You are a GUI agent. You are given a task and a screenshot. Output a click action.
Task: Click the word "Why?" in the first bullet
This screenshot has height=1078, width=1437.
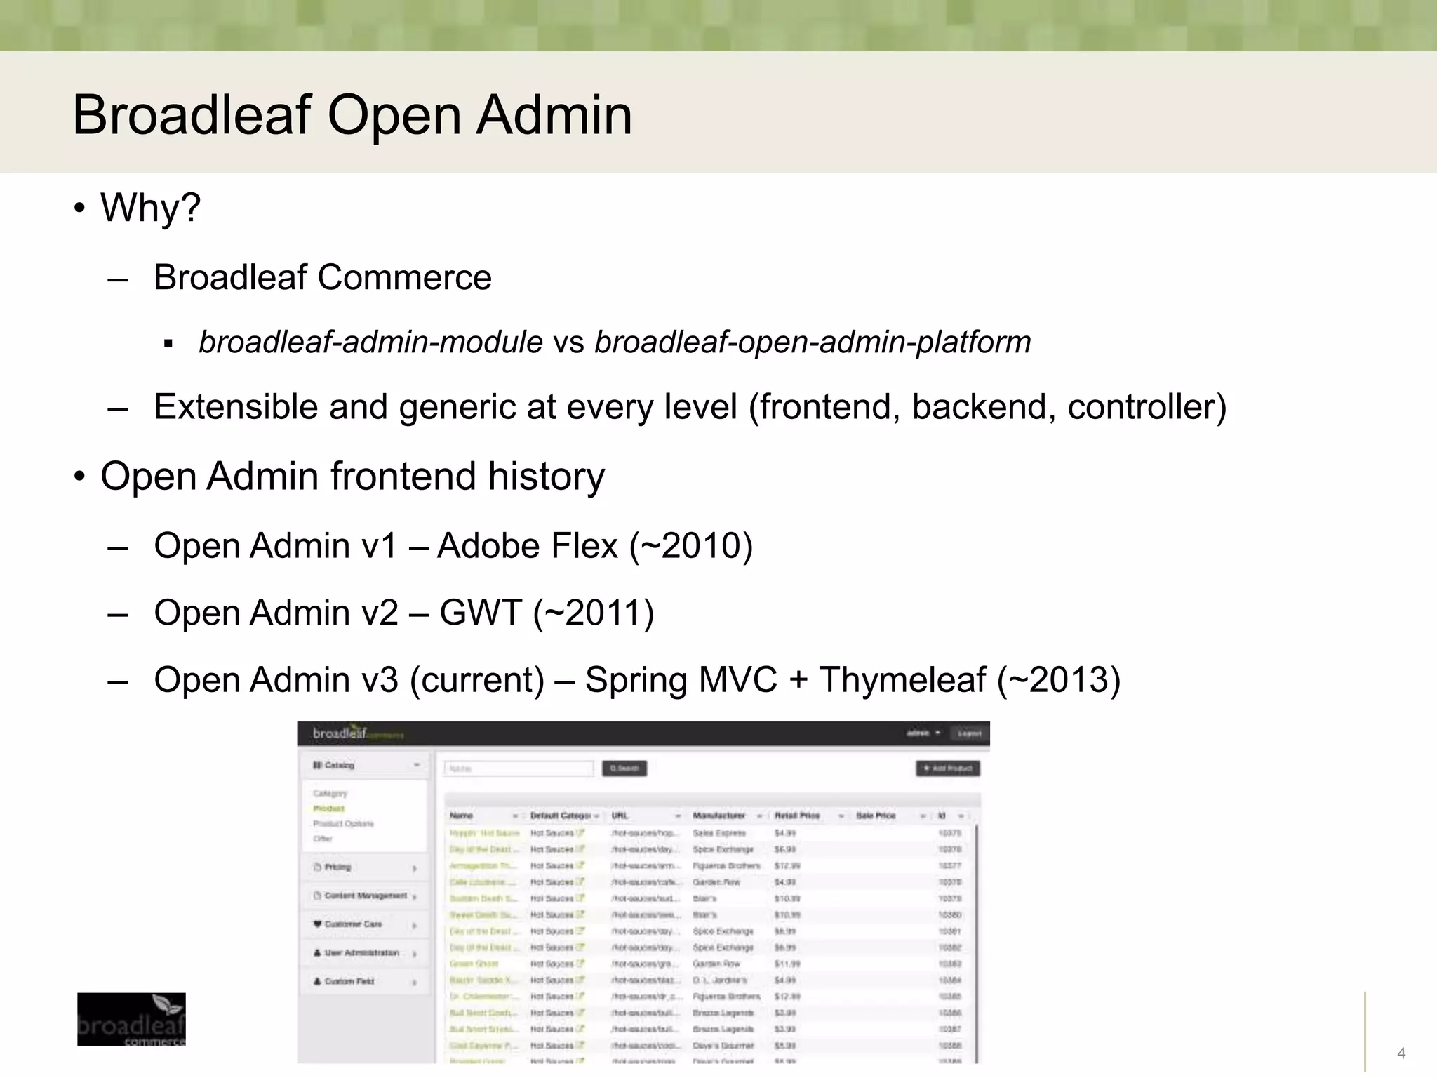150,208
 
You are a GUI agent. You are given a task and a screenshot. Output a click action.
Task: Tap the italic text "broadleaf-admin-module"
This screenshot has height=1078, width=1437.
370,342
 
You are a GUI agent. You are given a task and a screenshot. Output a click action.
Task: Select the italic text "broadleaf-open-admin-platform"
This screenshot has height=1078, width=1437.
813,342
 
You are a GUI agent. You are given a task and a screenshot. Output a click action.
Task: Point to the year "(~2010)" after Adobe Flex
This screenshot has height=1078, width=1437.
691,546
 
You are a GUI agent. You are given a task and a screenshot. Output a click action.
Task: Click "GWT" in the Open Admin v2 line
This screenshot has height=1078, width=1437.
481,613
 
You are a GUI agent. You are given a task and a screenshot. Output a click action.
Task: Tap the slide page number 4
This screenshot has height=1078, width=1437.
1401,1053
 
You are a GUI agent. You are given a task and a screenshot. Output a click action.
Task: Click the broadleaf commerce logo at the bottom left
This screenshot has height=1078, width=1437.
131,1019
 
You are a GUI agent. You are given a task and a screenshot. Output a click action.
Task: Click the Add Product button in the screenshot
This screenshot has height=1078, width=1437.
948,768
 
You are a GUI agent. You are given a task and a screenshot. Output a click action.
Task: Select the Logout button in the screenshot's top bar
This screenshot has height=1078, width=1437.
969,733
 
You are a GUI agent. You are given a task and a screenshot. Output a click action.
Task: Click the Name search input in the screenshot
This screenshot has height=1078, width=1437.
519,768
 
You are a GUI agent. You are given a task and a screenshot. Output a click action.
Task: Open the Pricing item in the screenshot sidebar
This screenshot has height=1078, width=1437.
337,867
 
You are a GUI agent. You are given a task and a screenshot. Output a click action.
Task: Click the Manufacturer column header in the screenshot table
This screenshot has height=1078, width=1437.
719,816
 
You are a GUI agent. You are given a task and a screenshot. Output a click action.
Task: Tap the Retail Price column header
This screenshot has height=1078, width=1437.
797,816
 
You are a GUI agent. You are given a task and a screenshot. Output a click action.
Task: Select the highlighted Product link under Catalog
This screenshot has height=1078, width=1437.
328,808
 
